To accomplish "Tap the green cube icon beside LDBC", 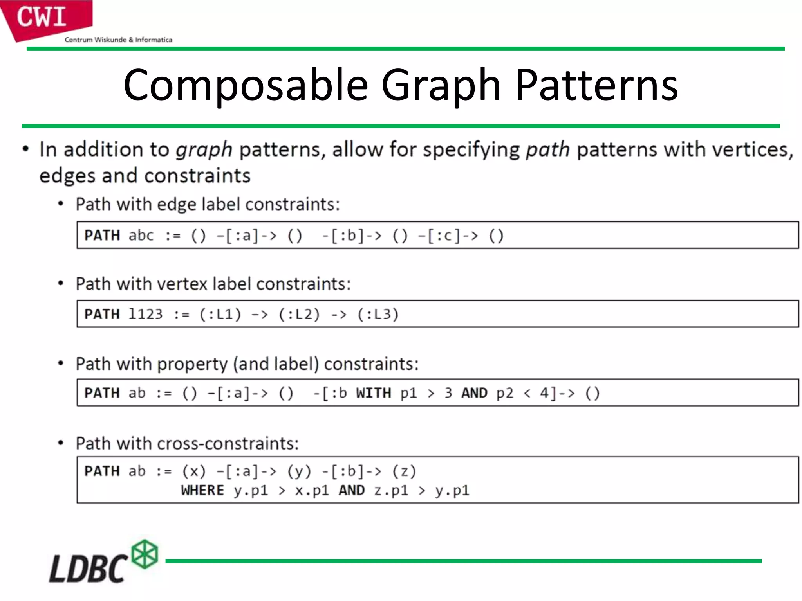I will click(145, 554).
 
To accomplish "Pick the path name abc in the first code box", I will click(141, 236).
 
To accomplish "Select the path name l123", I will click(145, 314).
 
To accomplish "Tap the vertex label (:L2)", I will click(299, 314).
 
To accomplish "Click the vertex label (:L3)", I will click(378, 314).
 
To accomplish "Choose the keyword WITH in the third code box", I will click(373, 393).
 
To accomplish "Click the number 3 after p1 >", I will click(448, 393).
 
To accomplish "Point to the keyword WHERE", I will click(202, 490).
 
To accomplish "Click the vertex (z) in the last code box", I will click(404, 471).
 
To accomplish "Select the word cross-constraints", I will click(228, 444).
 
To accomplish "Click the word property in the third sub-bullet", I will click(192, 364).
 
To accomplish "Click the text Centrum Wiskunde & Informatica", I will click(118, 40).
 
